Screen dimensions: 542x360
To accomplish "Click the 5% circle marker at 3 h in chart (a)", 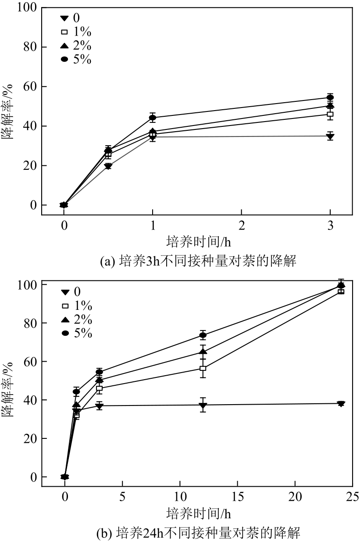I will pos(330,98).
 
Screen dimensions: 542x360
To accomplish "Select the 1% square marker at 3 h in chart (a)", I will pos(330,114).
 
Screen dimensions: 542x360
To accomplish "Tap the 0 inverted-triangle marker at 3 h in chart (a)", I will pos(330,136).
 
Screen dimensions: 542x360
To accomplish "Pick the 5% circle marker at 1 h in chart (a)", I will pos(153,118).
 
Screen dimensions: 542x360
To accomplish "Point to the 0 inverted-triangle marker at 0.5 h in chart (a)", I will pos(108,166).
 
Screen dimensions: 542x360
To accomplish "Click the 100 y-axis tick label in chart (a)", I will pos(26,8).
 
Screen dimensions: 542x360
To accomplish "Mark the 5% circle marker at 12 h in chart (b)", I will pos(203,335).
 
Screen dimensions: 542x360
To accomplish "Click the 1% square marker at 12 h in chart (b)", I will pos(203,369).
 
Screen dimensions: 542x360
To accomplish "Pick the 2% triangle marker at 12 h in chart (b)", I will pos(203,352).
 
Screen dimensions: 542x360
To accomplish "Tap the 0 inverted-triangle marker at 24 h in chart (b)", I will pos(341,404).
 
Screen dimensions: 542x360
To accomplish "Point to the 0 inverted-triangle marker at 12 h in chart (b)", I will pos(203,405).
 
